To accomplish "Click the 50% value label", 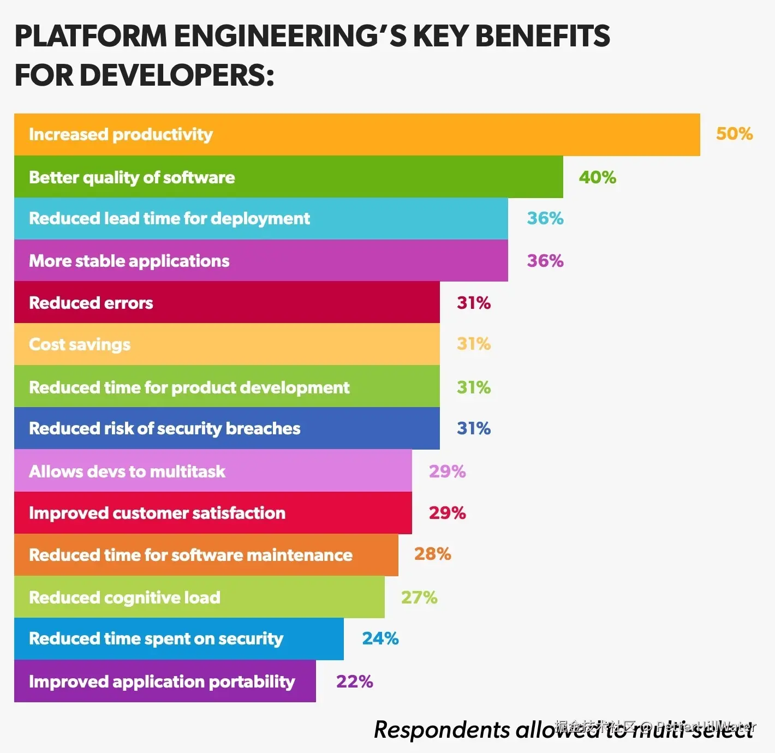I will pyautogui.click(x=734, y=134).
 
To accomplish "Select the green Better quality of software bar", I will pyautogui.click(x=288, y=177).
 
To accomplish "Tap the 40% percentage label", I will pyautogui.click(x=597, y=177).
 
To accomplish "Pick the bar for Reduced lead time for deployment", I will pyautogui.click(x=261, y=218).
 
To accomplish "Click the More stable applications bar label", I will pyautogui.click(x=129, y=261).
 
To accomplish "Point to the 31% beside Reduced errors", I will pyautogui.click(x=474, y=303).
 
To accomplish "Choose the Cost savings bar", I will pyautogui.click(x=226, y=344).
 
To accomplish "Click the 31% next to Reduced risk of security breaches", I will pyautogui.click(x=474, y=428).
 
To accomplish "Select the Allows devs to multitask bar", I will pyautogui.click(x=213, y=471).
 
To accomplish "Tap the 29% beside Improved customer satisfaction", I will pyautogui.click(x=447, y=513).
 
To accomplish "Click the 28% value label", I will pyautogui.click(x=432, y=554).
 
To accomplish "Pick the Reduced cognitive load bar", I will pyautogui.click(x=199, y=597).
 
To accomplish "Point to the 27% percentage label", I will pyautogui.click(x=419, y=597).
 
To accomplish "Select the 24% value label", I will pyautogui.click(x=380, y=638).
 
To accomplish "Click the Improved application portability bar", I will pyautogui.click(x=165, y=681).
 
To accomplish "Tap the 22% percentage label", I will pyautogui.click(x=355, y=682).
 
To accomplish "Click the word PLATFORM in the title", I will pyautogui.click(x=91, y=36).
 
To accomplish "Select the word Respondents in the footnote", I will pyautogui.click(x=442, y=730).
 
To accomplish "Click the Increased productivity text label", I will pyautogui.click(x=121, y=134).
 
